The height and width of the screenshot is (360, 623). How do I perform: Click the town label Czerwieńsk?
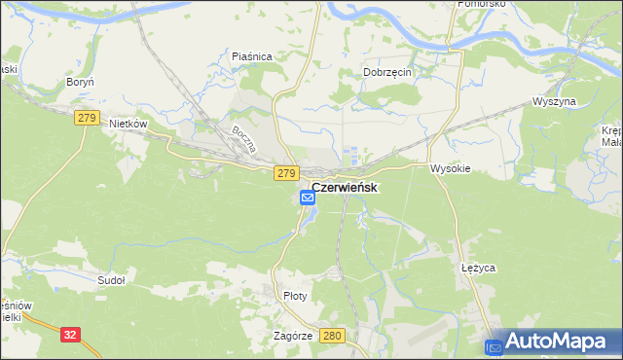click(x=345, y=187)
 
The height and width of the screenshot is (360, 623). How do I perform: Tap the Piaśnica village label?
click(x=251, y=56)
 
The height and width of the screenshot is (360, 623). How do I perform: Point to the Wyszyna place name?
click(x=555, y=101)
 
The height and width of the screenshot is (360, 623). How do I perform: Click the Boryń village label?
click(x=79, y=83)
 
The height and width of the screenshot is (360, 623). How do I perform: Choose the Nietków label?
click(x=128, y=125)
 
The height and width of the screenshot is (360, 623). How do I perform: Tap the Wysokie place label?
click(x=451, y=168)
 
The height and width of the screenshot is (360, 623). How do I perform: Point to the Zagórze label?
click(x=293, y=335)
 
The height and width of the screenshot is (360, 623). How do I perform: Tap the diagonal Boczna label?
click(x=242, y=143)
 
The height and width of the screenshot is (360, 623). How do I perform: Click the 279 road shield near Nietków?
click(x=86, y=117)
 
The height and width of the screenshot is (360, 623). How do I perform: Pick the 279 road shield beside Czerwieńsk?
click(x=285, y=173)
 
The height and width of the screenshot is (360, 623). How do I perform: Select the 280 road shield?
click(x=333, y=336)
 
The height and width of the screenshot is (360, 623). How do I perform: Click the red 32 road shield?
click(x=69, y=334)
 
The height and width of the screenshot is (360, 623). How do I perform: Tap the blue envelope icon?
click(x=308, y=198)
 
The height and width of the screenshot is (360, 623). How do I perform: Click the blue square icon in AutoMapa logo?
click(x=495, y=344)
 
